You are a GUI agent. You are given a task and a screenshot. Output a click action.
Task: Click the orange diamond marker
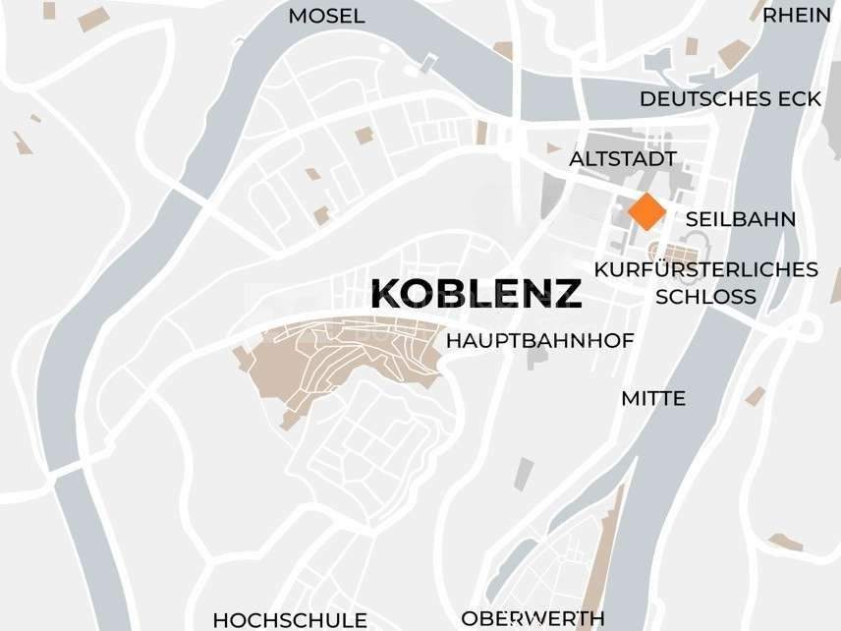point(645,211)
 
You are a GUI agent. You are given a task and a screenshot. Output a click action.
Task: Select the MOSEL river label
point(326,17)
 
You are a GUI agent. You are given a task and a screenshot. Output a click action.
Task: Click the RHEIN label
point(797,15)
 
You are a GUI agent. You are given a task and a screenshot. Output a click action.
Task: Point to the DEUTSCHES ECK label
point(730,99)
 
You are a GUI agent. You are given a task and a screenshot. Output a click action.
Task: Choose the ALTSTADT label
point(623,158)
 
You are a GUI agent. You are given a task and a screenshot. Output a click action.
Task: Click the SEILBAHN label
point(741,219)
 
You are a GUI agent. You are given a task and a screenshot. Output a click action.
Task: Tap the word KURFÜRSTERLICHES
point(706,269)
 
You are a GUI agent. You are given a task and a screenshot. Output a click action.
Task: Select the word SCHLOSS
point(706,296)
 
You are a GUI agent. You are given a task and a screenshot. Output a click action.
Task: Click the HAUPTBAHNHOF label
point(540,341)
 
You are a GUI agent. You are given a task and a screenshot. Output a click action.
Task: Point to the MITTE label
point(653,399)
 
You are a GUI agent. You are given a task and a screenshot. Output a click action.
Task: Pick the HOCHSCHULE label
point(290,620)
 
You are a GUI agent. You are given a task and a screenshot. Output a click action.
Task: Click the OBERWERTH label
point(533,619)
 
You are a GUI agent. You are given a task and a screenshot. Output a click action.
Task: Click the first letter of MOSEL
point(297,17)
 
